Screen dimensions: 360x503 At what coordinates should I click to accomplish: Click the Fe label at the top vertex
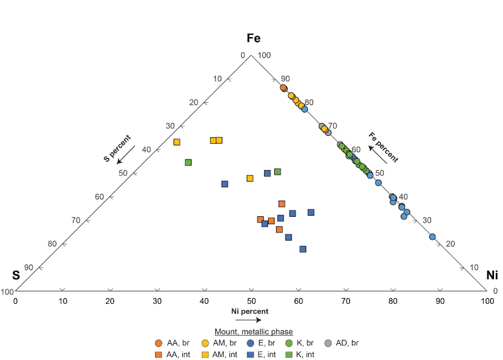[253, 38]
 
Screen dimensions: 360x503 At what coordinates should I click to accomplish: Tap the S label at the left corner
[16, 275]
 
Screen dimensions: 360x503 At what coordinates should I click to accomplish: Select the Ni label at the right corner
[492, 275]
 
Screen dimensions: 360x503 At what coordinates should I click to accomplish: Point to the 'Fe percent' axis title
[383, 147]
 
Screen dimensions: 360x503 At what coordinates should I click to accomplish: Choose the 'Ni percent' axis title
[250, 311]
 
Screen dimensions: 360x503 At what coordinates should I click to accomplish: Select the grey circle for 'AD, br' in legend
[330, 343]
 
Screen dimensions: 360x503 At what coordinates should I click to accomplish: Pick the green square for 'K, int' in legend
[289, 354]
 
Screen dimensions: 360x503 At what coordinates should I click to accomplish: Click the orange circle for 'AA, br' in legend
[159, 343]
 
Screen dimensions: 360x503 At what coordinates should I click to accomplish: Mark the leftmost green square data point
[188, 162]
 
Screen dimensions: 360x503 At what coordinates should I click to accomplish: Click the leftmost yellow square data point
[176, 142]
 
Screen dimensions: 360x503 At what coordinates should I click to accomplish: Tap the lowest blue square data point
[303, 249]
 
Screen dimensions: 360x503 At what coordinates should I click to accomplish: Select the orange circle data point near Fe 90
[284, 88]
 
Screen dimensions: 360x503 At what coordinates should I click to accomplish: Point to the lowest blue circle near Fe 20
[432, 237]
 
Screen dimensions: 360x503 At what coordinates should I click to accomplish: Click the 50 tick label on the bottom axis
[251, 302]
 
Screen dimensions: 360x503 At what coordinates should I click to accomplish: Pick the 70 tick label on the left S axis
[76, 220]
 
